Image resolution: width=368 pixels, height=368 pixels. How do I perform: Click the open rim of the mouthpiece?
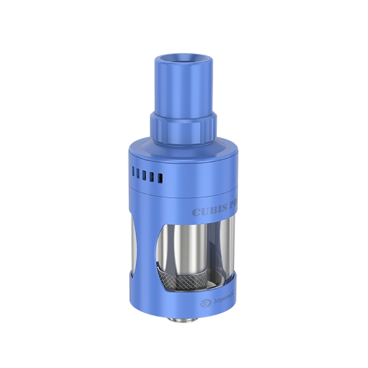coord(183,59)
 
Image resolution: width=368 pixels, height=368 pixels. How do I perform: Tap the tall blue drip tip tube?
coord(183,89)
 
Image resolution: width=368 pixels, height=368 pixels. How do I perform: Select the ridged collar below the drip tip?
coord(184,128)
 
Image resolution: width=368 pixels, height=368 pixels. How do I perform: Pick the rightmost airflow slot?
coord(160,178)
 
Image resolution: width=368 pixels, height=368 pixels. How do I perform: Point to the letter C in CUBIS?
coord(197,212)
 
